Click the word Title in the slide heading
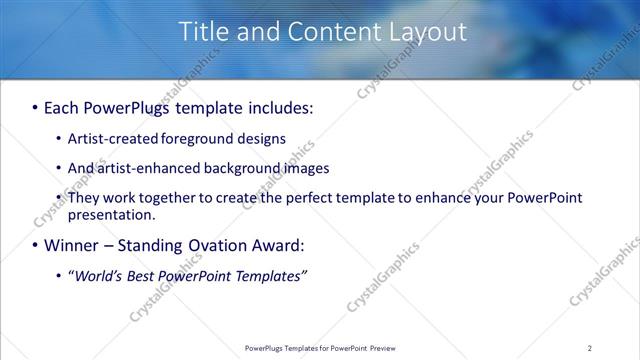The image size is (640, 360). tap(202, 32)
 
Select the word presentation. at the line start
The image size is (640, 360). tap(112, 215)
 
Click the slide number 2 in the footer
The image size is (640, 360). tap(589, 348)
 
